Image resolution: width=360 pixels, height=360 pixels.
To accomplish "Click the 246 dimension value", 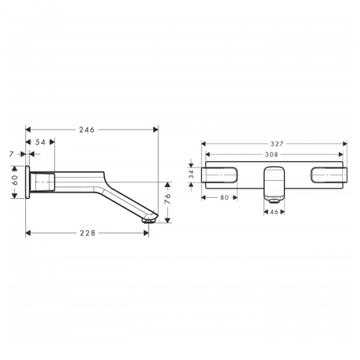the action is (x=87, y=130).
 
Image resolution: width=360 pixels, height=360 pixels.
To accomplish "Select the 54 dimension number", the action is (x=40, y=142).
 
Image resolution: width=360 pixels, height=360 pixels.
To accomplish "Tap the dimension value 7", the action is (x=11, y=154).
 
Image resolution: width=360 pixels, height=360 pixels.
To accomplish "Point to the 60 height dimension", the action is (x=15, y=180).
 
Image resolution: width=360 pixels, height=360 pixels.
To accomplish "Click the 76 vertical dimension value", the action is (x=168, y=199).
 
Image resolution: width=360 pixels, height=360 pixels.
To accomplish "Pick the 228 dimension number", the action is (x=88, y=233).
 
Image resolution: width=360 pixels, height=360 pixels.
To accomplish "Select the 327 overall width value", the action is (x=277, y=144).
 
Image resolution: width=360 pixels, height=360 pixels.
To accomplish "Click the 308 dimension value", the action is (x=272, y=155).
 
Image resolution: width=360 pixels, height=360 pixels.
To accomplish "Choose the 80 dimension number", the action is (x=224, y=197).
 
